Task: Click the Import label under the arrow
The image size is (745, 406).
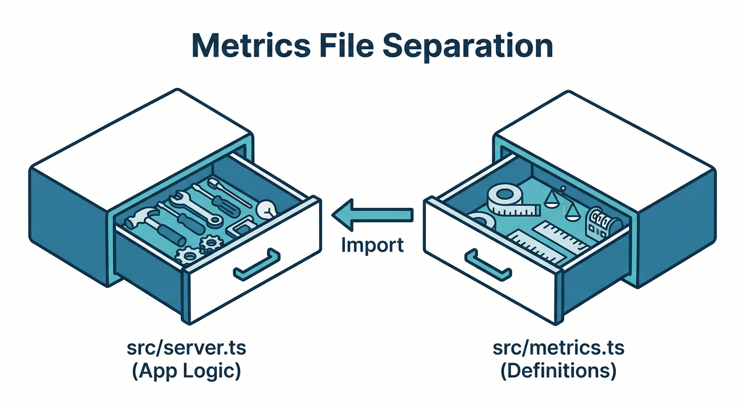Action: click(373, 245)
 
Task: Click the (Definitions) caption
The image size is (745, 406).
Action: click(558, 371)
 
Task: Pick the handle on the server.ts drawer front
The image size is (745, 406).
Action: click(257, 264)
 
